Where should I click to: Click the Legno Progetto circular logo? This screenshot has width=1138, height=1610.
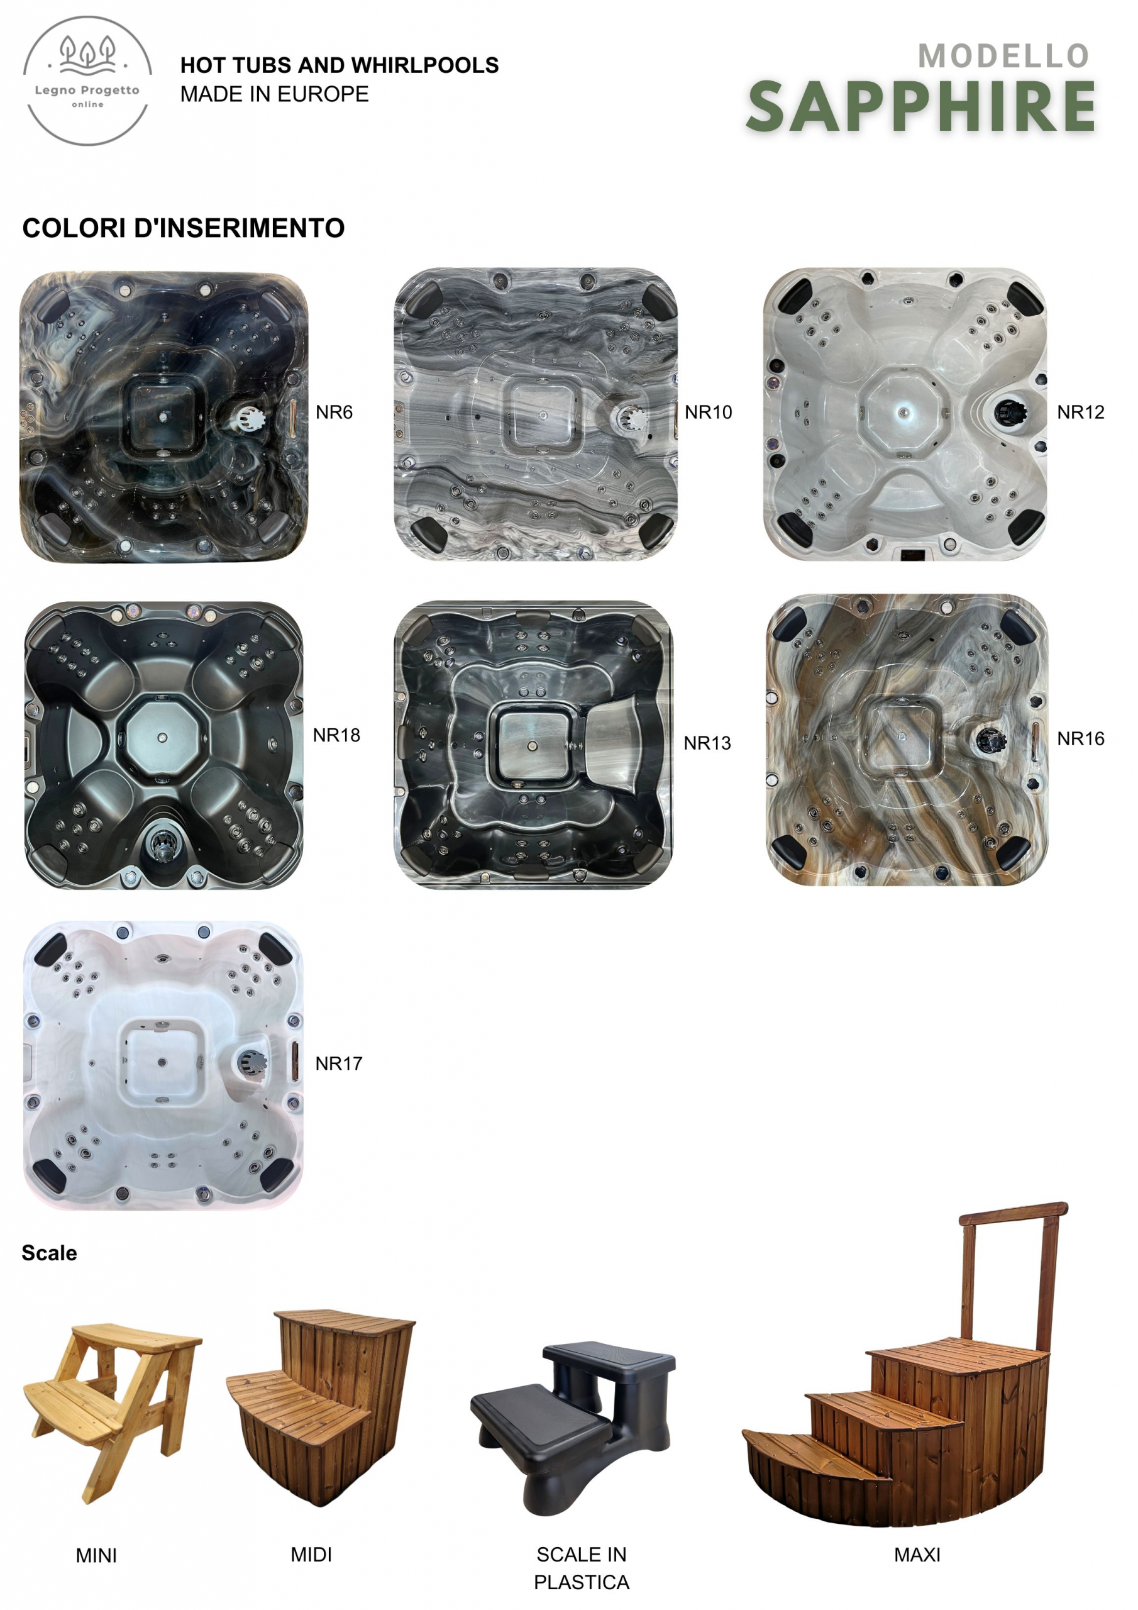[x=87, y=80]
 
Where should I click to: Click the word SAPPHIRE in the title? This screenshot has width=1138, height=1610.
[x=921, y=106]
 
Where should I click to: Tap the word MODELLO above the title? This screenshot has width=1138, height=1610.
[x=1003, y=56]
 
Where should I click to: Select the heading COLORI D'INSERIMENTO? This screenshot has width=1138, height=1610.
[x=184, y=228]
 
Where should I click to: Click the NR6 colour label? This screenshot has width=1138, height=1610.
[x=334, y=413]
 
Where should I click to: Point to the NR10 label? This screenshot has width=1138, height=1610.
[x=708, y=413]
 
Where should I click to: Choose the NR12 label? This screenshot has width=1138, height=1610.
[x=1081, y=413]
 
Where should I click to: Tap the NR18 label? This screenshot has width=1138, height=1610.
[x=336, y=736]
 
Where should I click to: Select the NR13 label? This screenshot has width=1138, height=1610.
[x=707, y=743]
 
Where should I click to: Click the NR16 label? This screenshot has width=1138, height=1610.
[x=1081, y=739]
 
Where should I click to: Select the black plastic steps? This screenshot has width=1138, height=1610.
[x=573, y=1428]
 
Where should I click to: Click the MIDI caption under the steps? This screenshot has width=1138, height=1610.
[x=311, y=1555]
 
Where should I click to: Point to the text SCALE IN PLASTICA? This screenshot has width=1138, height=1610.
[x=582, y=1568]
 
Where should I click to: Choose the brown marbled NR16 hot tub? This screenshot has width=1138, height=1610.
[x=907, y=740]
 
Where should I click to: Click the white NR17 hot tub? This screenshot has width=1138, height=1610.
[x=163, y=1066]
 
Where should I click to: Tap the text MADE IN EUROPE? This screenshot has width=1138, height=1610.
[x=274, y=94]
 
